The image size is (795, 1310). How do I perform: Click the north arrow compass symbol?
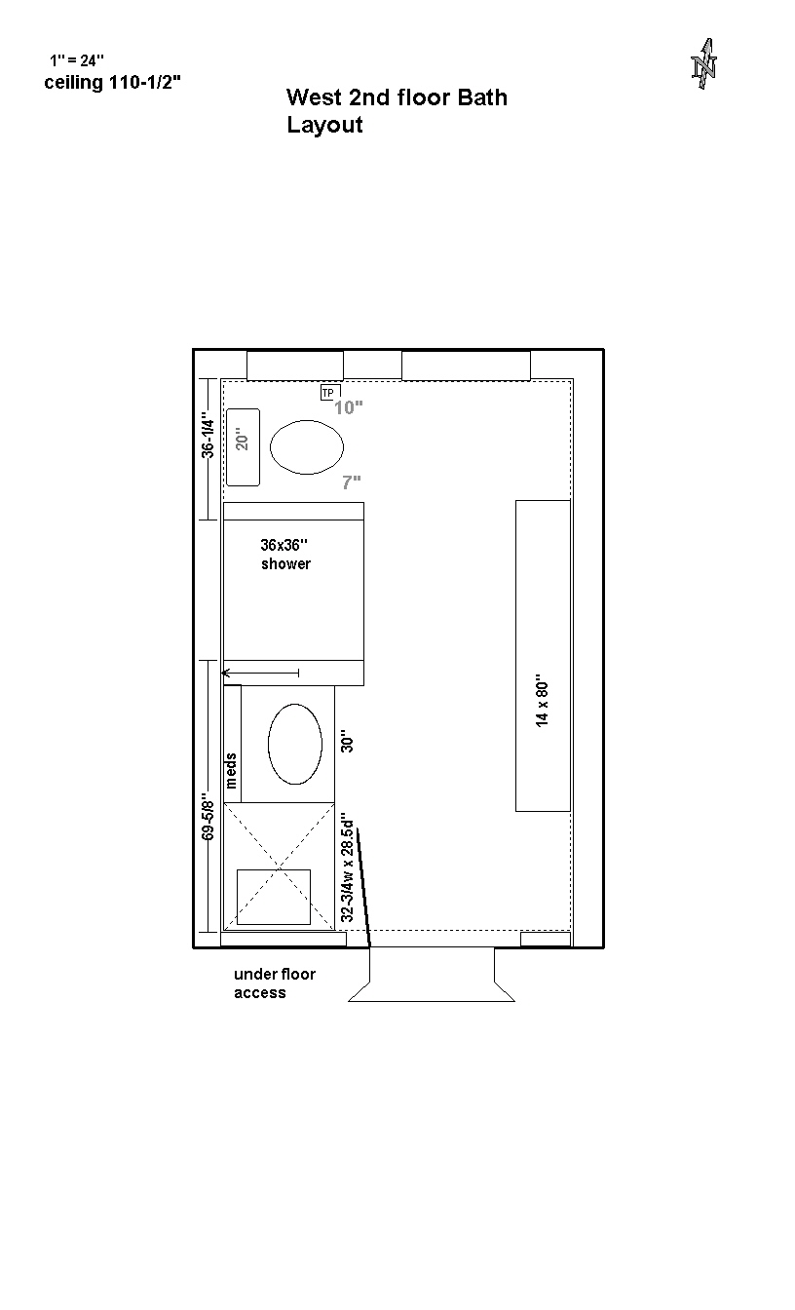(x=703, y=63)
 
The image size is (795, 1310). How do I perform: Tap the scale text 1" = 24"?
(x=77, y=60)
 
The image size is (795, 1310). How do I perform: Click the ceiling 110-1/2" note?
(x=112, y=83)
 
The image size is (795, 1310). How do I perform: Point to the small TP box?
(x=328, y=393)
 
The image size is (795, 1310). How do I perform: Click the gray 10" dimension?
(x=349, y=407)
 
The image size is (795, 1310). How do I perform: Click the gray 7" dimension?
(x=352, y=482)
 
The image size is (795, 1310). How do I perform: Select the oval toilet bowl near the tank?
(x=307, y=447)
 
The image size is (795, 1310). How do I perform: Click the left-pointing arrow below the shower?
(x=261, y=674)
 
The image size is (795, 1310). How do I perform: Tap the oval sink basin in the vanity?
(x=295, y=744)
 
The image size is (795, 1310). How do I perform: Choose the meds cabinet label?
(x=231, y=770)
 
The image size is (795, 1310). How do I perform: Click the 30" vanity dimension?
(x=347, y=741)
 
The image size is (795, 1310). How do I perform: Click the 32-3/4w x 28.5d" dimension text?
(x=347, y=867)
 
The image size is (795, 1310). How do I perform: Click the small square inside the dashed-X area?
(x=274, y=897)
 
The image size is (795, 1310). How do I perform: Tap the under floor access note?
(x=275, y=983)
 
